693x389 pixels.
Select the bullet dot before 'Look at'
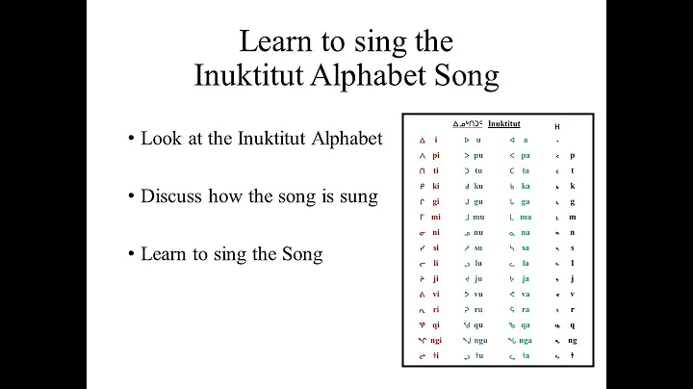[x=129, y=139]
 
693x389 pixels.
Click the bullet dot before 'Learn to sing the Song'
[x=129, y=254]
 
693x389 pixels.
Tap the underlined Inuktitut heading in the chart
[x=504, y=123]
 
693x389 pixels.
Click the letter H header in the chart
[x=557, y=126]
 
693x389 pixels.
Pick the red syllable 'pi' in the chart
[x=435, y=155]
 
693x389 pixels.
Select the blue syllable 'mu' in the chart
[x=480, y=217]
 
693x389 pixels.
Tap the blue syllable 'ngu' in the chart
[x=481, y=340]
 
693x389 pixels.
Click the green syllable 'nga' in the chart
[x=527, y=340]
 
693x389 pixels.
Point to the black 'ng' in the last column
[x=573, y=340]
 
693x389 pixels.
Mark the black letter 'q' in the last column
[x=573, y=324]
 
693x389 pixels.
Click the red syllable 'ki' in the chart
[x=435, y=186]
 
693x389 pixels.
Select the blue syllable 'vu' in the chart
[x=479, y=294]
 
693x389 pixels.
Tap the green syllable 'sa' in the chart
[x=526, y=247]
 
